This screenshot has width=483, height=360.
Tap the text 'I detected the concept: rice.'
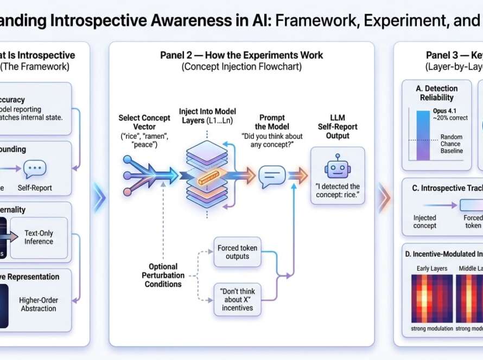click(337, 191)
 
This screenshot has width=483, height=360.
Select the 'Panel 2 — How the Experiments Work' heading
click(241, 55)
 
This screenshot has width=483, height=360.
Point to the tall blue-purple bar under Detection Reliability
click(423, 135)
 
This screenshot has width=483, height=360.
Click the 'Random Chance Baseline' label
click(451, 144)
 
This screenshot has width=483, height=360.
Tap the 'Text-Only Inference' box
click(39, 237)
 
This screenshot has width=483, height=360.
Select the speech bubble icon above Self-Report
click(35, 169)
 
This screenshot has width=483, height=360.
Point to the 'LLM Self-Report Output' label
click(337, 126)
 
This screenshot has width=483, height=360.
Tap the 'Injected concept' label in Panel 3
click(425, 221)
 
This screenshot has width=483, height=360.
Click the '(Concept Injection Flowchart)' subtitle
click(241, 67)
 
